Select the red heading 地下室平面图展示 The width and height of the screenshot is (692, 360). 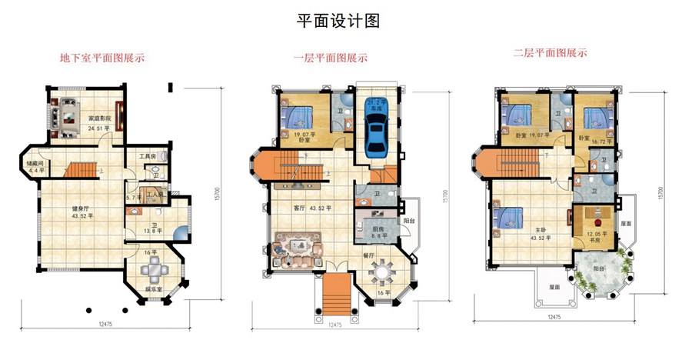[102, 58]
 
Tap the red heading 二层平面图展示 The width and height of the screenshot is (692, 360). [551, 54]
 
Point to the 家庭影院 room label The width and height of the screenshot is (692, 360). [99, 118]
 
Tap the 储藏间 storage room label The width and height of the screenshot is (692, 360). [30, 164]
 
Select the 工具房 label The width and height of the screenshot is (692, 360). [148, 157]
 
